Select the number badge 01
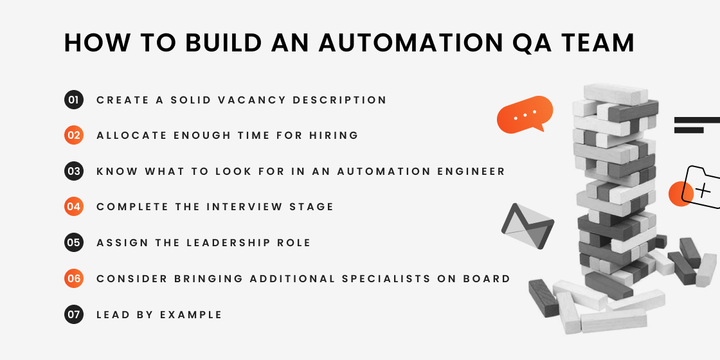click(74, 100)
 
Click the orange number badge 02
click(74, 136)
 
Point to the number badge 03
click(74, 172)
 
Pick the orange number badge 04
click(74, 207)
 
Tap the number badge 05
click(74, 243)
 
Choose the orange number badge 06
click(74, 279)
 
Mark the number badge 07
click(74, 315)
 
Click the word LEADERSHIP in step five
click(229, 243)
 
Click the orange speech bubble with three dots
click(525, 114)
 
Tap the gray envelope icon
click(527, 226)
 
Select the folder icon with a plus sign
click(703, 188)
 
